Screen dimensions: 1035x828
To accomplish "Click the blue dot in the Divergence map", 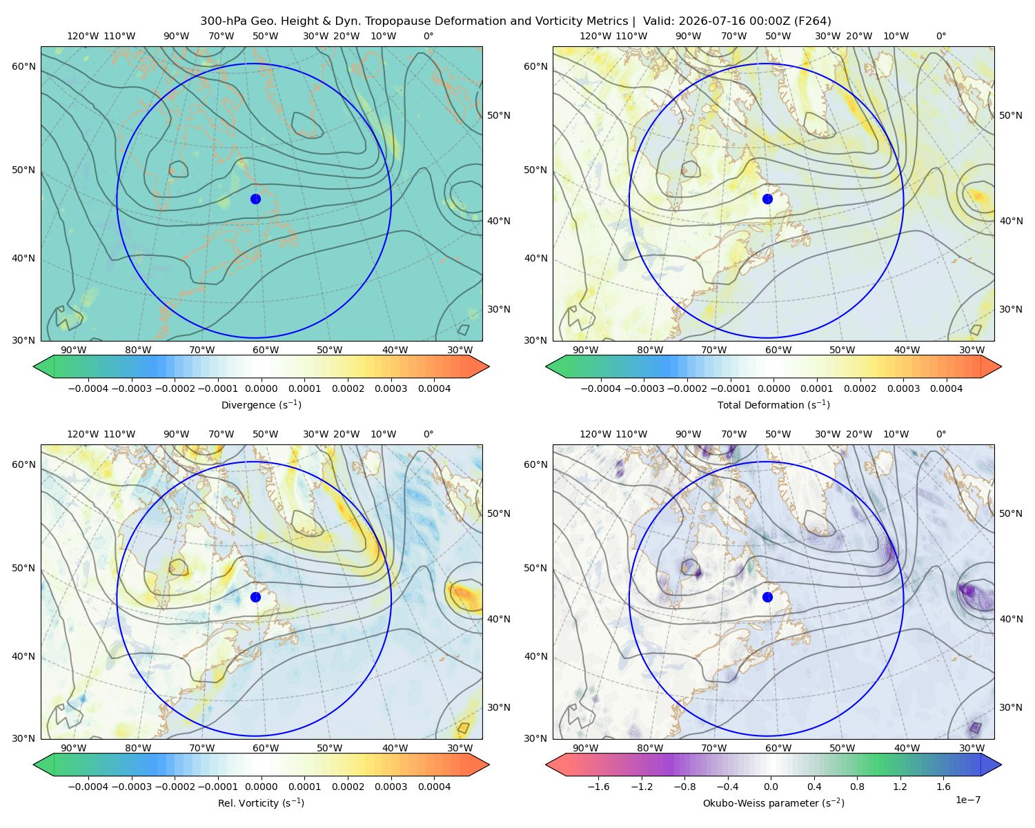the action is click(255, 199).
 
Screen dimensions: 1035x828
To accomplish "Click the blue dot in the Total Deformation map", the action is click(767, 199).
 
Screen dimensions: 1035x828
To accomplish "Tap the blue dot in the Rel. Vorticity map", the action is click(255, 597).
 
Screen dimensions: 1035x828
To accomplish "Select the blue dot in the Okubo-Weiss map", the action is click(767, 597).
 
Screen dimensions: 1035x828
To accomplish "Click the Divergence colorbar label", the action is click(261, 404).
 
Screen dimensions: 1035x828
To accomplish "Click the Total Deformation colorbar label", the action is click(773, 404).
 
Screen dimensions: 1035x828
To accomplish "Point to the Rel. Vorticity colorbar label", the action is click(261, 803).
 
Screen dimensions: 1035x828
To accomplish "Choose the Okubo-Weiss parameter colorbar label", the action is click(773, 803).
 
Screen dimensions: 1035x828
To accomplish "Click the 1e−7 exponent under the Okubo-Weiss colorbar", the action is click(967, 800).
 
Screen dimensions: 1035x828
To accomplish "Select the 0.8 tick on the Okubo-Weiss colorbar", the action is click(857, 787).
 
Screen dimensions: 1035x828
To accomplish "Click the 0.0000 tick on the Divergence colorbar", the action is click(261, 388).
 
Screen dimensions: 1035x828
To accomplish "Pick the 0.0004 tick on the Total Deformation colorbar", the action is click(947, 388).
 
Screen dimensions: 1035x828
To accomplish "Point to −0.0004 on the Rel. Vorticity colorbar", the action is click(88, 787).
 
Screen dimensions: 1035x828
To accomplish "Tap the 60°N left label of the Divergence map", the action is click(23, 66).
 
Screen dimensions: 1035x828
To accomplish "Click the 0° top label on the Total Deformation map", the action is click(941, 36).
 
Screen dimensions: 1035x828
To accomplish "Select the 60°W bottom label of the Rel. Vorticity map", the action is click(266, 748).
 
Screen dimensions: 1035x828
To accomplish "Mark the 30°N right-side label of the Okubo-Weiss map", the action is click(1011, 707).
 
